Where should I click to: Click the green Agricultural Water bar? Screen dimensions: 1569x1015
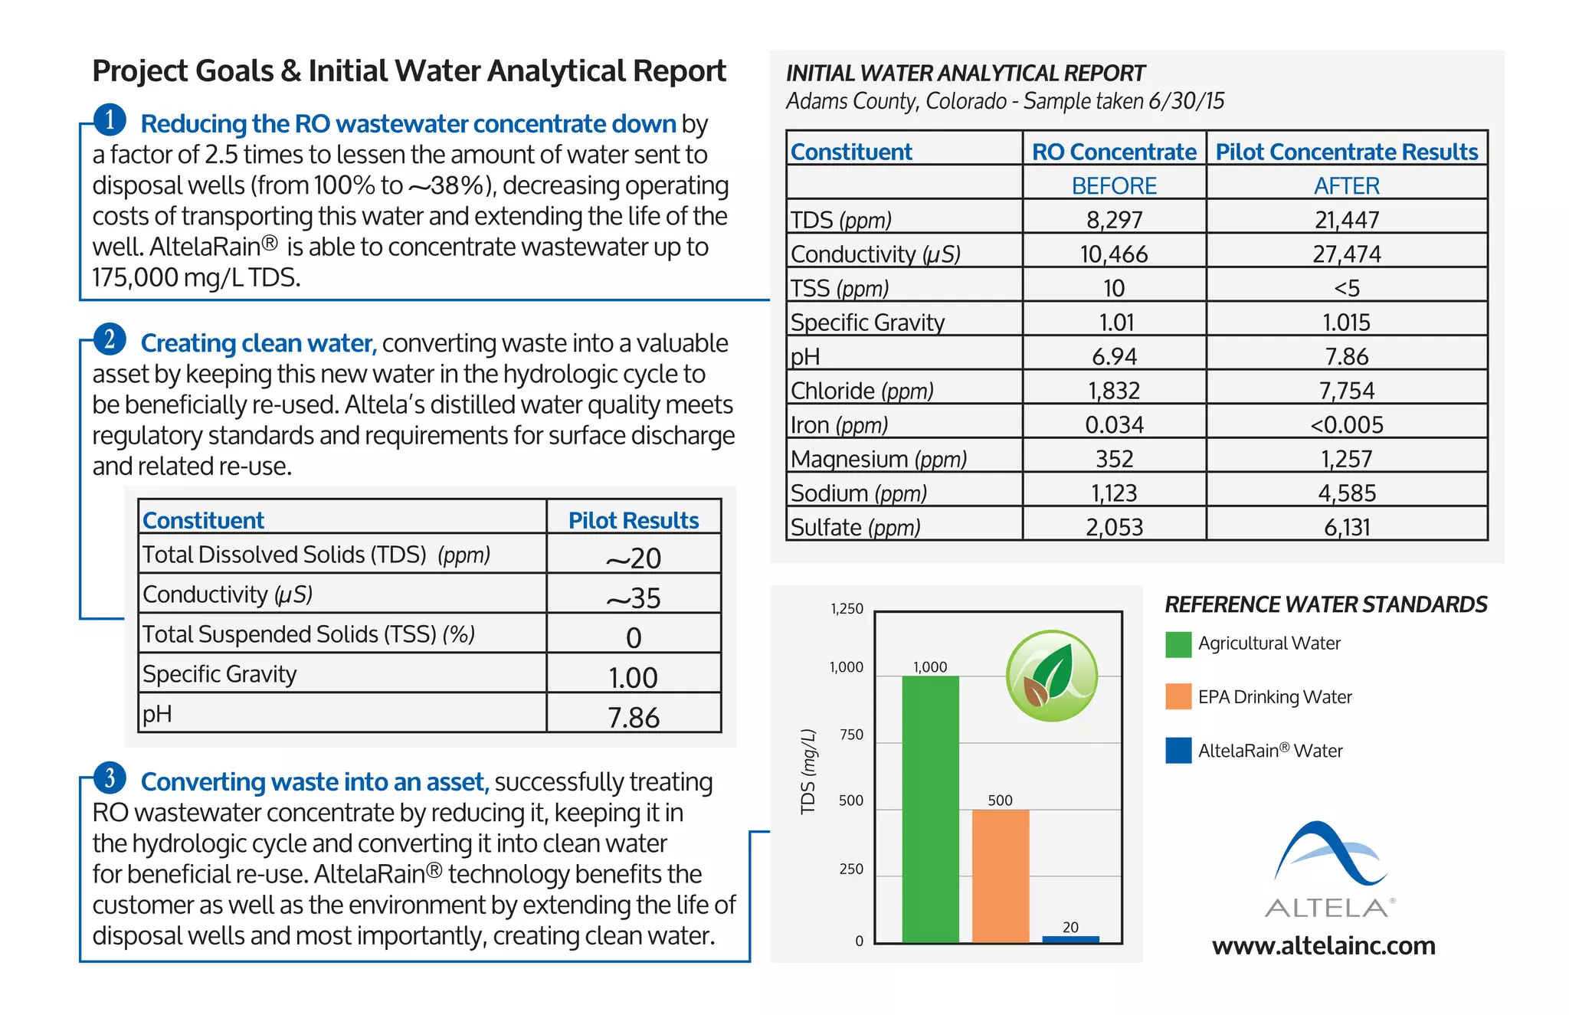coord(930,809)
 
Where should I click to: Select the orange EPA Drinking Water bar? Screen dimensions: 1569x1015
coord(1001,876)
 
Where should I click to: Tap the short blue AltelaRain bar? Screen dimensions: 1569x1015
coord(1070,939)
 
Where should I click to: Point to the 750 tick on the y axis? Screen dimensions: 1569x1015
coord(851,735)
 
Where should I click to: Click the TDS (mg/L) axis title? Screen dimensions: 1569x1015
coord(807,771)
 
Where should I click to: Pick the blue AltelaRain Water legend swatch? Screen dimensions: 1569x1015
coord(1178,751)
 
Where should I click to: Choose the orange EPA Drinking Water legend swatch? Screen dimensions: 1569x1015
coord(1178,696)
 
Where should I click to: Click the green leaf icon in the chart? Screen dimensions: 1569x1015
coord(1052,676)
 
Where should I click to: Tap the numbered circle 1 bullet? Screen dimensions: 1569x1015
coord(110,120)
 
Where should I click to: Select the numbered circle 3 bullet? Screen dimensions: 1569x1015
coord(110,778)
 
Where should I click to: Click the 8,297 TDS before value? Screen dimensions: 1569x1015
coord(1114,220)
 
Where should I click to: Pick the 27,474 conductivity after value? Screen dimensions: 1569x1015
coord(1347,254)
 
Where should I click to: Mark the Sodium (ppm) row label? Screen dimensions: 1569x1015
coord(859,493)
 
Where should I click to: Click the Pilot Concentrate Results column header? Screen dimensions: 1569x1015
coord(1347,152)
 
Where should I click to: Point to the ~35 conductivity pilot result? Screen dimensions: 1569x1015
coord(634,598)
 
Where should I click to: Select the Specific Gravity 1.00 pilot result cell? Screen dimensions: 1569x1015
coord(634,677)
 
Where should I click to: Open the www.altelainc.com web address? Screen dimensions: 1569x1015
coord(1324,946)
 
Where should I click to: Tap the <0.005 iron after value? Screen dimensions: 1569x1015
coord(1347,425)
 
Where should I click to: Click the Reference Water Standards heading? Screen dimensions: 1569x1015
coord(1326,604)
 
